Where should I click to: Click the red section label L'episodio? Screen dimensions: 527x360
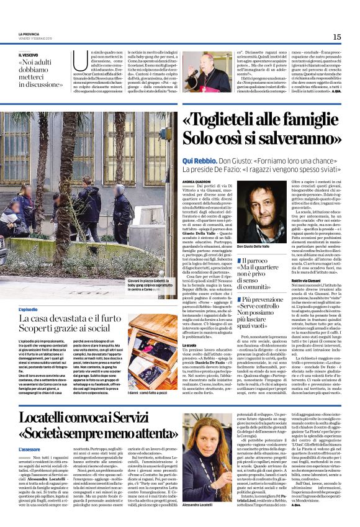point(28,309)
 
